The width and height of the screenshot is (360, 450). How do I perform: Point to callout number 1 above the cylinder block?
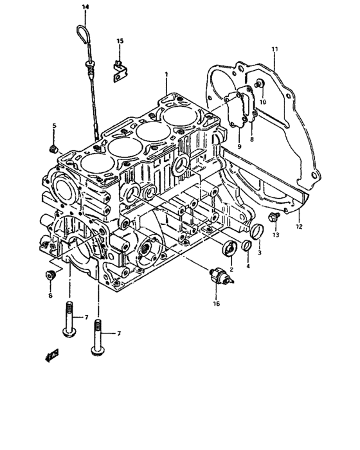(x=166, y=75)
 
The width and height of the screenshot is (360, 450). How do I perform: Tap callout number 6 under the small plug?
(x=50, y=296)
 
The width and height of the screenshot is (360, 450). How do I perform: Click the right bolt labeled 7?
(x=97, y=334)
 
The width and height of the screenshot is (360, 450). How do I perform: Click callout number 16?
(x=216, y=303)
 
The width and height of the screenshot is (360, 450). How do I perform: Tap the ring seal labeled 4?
(x=246, y=245)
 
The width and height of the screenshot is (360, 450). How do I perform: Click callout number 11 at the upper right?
(x=274, y=50)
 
